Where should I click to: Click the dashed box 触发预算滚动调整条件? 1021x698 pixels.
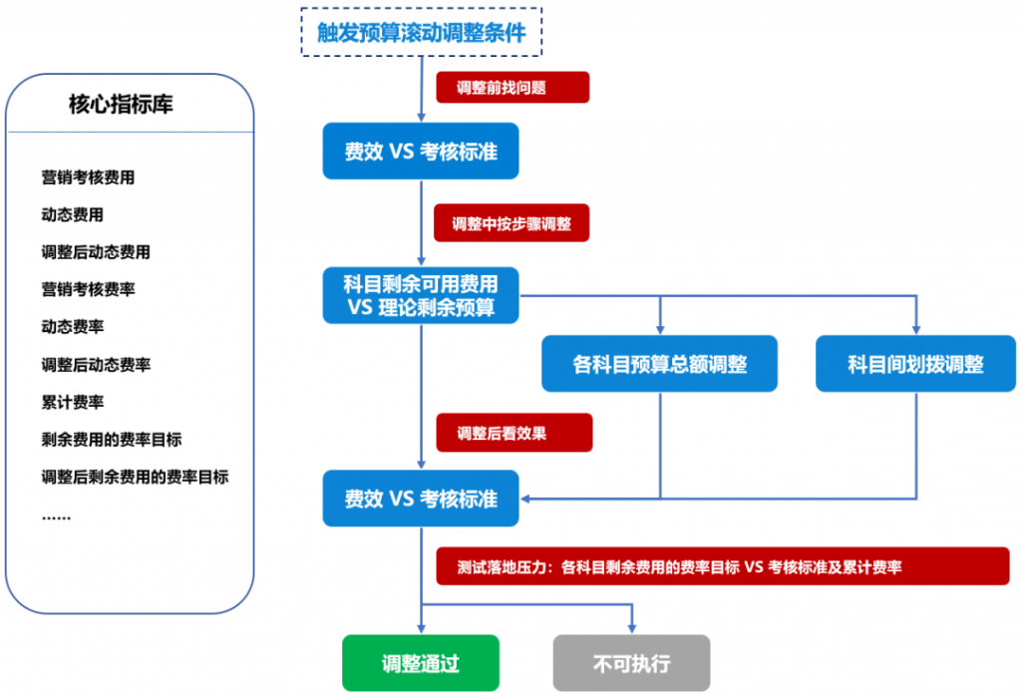coord(422,32)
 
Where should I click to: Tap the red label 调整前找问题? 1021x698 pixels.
coord(512,87)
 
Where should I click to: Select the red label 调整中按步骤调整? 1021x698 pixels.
coord(512,223)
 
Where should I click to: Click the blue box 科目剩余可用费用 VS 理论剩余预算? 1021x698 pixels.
coord(421,294)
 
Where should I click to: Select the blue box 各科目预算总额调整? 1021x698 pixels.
coord(660,364)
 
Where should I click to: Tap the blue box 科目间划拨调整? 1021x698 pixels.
coord(915,364)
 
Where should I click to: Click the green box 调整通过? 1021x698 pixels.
coord(421,663)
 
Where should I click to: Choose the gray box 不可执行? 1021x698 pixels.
coord(631,663)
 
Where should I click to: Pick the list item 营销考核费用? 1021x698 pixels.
coord(88,177)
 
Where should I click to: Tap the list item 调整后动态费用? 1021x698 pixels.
coord(96,252)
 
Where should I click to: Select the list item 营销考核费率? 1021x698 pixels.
coord(88,289)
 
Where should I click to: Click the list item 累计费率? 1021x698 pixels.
coord(72,402)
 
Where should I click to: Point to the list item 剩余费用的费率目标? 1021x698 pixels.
coord(111,439)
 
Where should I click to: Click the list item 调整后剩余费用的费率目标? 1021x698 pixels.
coord(135,477)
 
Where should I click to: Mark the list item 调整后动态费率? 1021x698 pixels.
coord(96,365)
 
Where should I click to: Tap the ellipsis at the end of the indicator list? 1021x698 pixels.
coord(56,516)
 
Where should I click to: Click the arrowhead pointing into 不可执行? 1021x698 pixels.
coord(631,629)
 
